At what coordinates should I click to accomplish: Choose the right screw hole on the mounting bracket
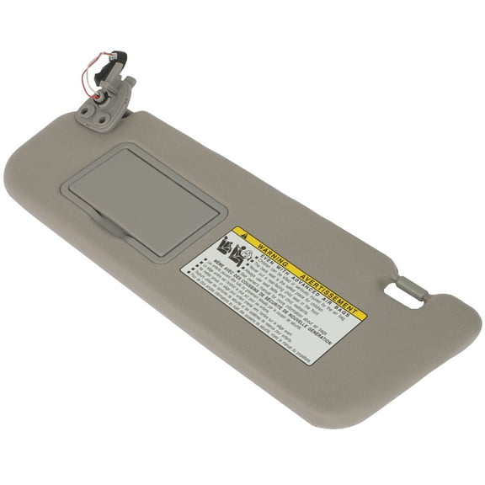(x=102, y=120)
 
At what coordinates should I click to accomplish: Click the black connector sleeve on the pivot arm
(x=101, y=75)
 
